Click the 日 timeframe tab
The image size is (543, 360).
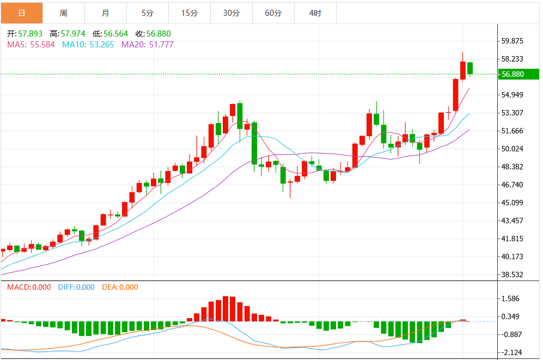22,13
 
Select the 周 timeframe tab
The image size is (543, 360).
64,13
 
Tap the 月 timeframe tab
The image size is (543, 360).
106,13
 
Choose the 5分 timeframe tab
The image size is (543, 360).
147,13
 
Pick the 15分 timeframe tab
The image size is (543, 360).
189,13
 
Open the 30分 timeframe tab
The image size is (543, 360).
231,13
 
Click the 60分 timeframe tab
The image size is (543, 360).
273,13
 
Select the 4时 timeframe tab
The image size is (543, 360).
315,13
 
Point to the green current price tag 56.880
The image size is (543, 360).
513,74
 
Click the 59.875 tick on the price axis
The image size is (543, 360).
513,41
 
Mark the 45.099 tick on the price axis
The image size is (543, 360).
513,203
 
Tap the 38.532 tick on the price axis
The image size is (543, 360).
513,274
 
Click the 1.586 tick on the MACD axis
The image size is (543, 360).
510,298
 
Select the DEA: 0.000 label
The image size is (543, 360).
120,287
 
